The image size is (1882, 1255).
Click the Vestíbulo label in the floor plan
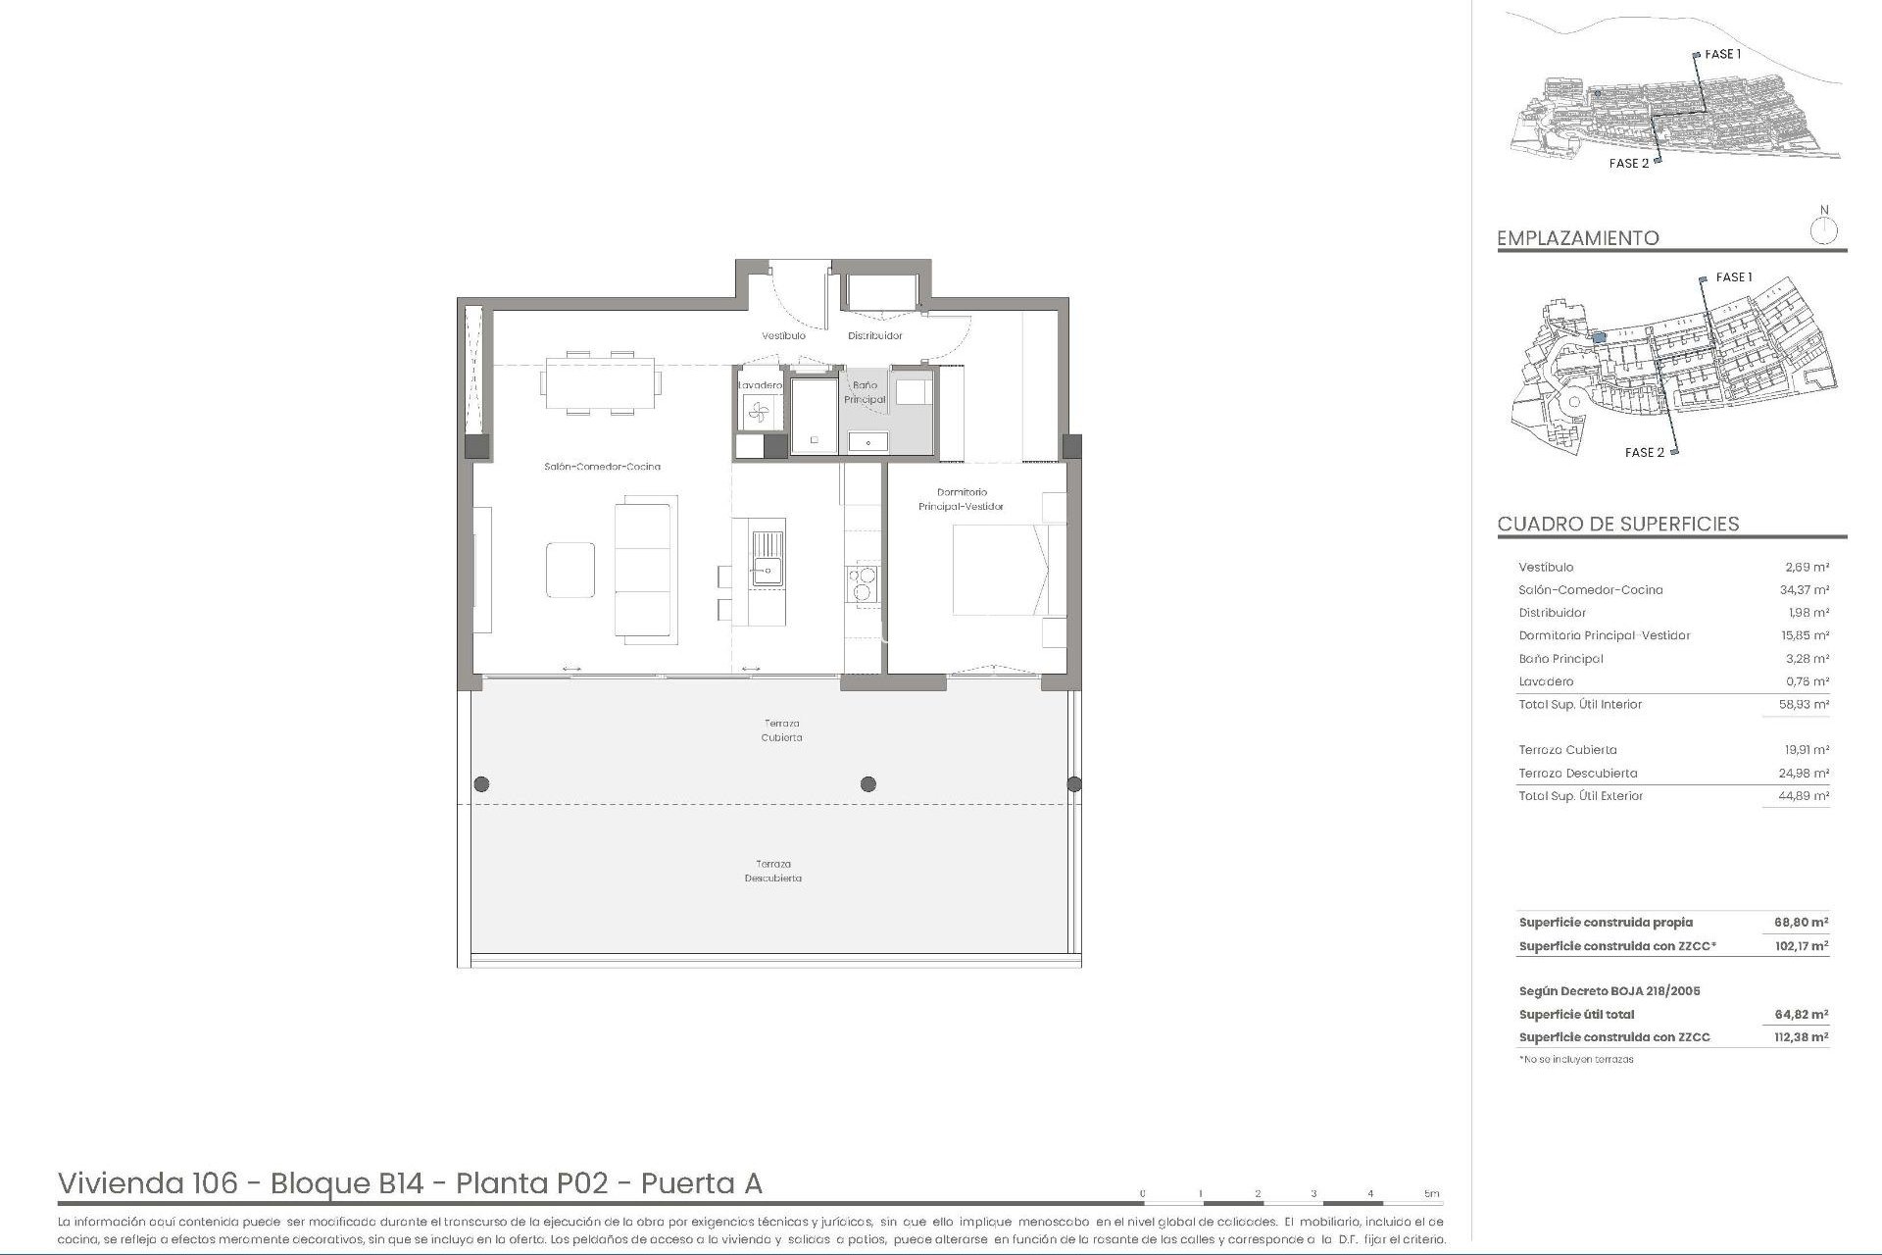[x=783, y=335]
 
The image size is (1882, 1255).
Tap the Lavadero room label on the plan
[x=760, y=385]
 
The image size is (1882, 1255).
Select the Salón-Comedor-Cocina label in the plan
[x=602, y=467]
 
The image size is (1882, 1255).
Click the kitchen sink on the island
[x=768, y=558]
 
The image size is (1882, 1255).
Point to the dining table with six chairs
[x=600, y=382]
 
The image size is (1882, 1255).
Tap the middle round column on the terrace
[x=867, y=783]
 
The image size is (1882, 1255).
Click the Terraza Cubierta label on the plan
[x=781, y=730]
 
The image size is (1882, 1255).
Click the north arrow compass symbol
[x=1823, y=230]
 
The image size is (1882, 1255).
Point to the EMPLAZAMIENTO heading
[x=1577, y=238]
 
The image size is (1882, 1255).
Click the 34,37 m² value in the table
[x=1806, y=590]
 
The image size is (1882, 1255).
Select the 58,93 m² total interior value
[x=1806, y=705]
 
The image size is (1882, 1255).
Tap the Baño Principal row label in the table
[x=1560, y=659]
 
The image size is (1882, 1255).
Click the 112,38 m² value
[x=1801, y=1037]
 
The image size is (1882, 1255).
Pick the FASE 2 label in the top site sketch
[x=1628, y=164]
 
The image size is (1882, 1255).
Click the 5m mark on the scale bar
[x=1432, y=1194]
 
